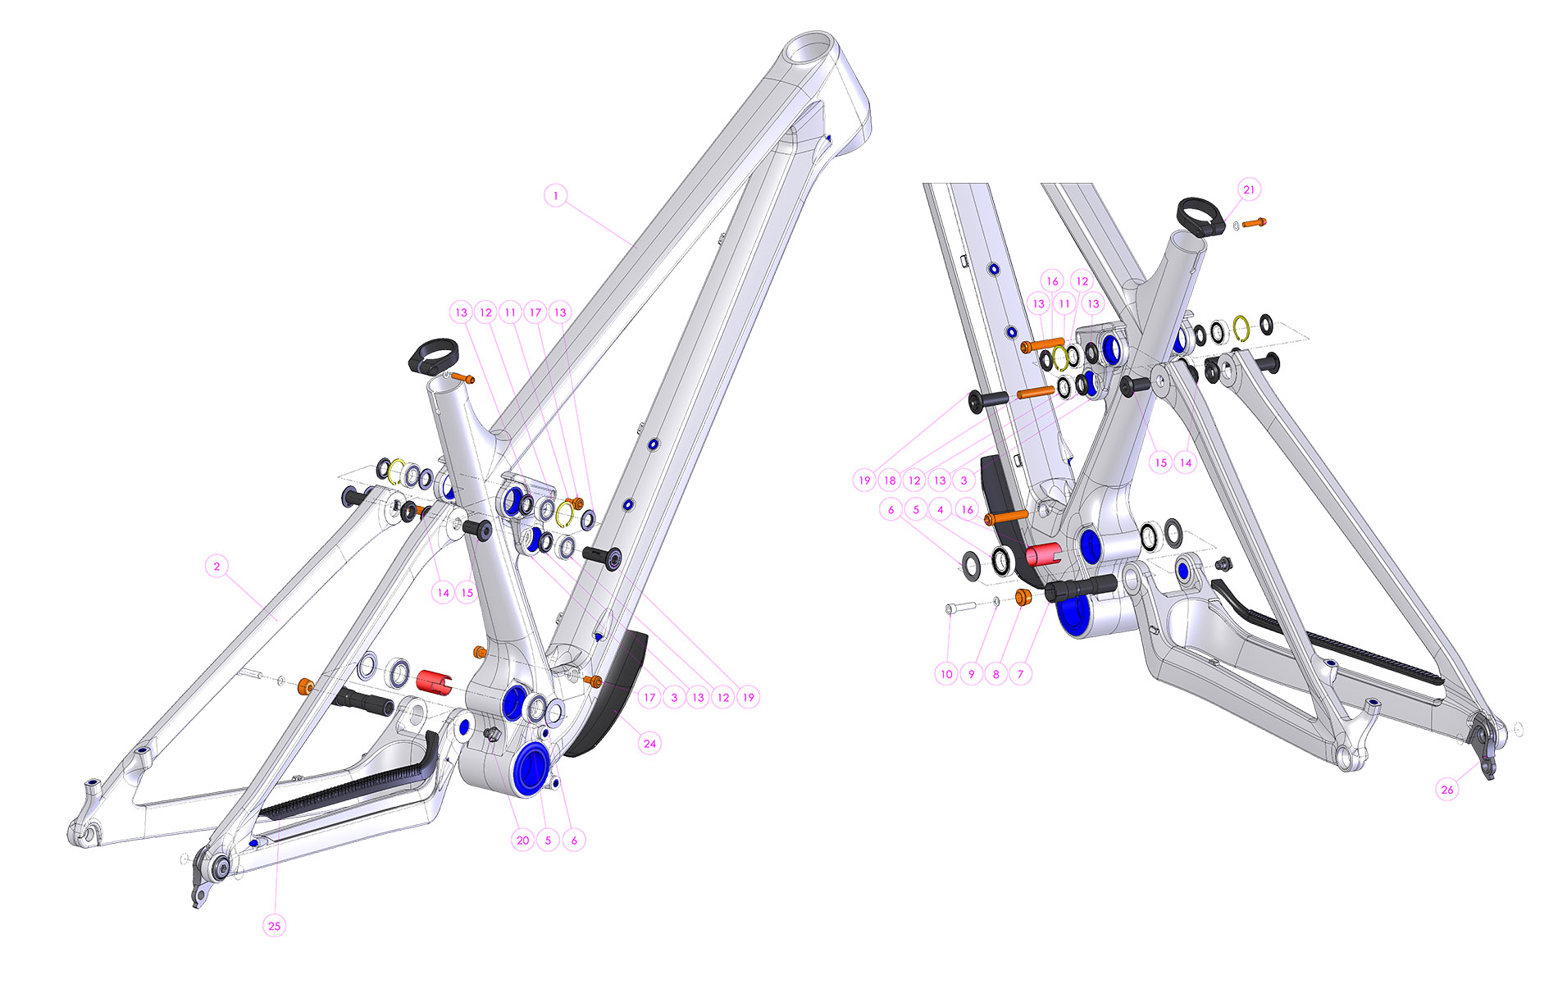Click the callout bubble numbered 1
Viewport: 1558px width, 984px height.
coord(556,196)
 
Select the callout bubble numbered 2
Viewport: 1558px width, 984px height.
coord(217,566)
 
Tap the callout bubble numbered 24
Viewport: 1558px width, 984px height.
coord(649,744)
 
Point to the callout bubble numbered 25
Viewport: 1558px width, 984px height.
coord(274,926)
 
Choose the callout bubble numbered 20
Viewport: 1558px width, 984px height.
coord(522,840)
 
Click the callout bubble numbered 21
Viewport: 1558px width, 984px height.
coord(1249,189)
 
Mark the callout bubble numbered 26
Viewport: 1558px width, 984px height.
coord(1447,790)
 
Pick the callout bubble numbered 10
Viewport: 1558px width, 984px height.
coord(947,674)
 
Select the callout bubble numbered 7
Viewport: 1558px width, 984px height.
coord(1021,674)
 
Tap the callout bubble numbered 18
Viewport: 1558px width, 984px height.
coord(890,481)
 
